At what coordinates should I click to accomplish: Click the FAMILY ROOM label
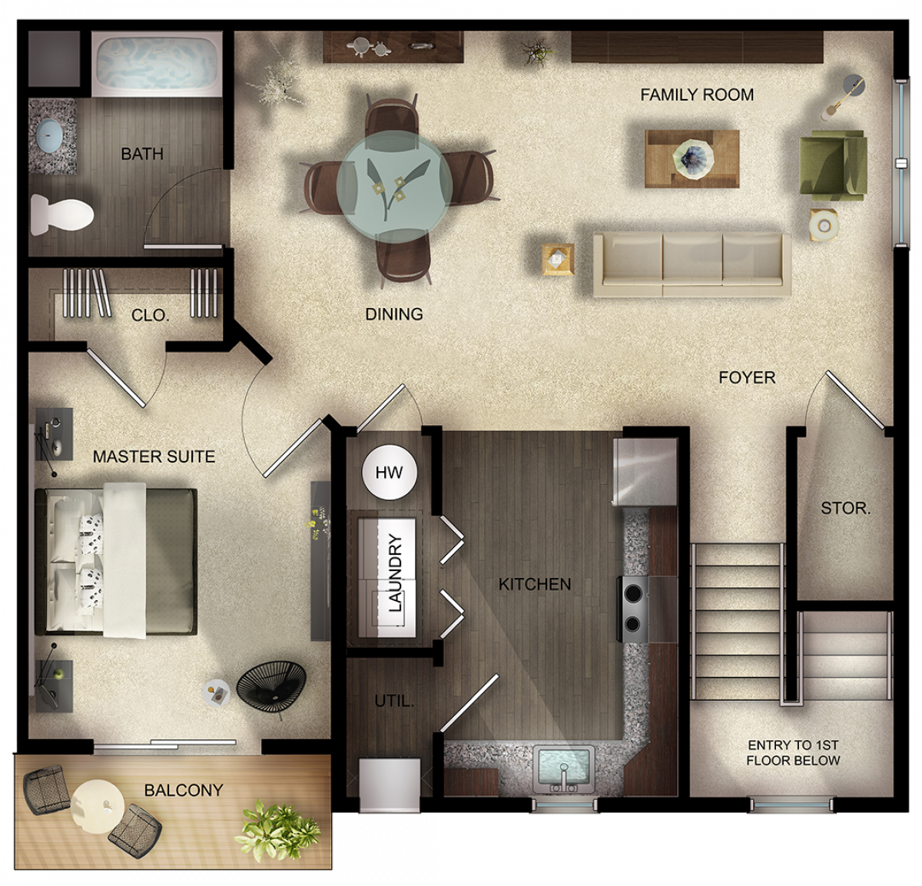(696, 95)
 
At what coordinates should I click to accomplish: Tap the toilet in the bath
(61, 214)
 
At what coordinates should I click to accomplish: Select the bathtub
(157, 64)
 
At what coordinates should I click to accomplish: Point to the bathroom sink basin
(49, 134)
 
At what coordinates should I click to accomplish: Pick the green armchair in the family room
(833, 165)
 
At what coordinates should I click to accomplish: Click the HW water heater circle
(390, 472)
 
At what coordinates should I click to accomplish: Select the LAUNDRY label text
(395, 572)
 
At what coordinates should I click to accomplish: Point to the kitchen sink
(564, 768)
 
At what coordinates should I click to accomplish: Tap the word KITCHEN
(535, 584)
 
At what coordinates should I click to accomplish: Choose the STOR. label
(846, 509)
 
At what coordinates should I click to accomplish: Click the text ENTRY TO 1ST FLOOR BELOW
(793, 753)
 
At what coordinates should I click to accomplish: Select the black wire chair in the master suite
(271, 684)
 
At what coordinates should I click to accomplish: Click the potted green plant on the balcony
(277, 831)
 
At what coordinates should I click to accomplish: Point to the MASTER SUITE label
(154, 456)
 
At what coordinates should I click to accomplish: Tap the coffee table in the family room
(691, 159)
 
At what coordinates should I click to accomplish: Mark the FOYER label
(747, 377)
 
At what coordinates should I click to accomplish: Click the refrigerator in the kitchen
(645, 472)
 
